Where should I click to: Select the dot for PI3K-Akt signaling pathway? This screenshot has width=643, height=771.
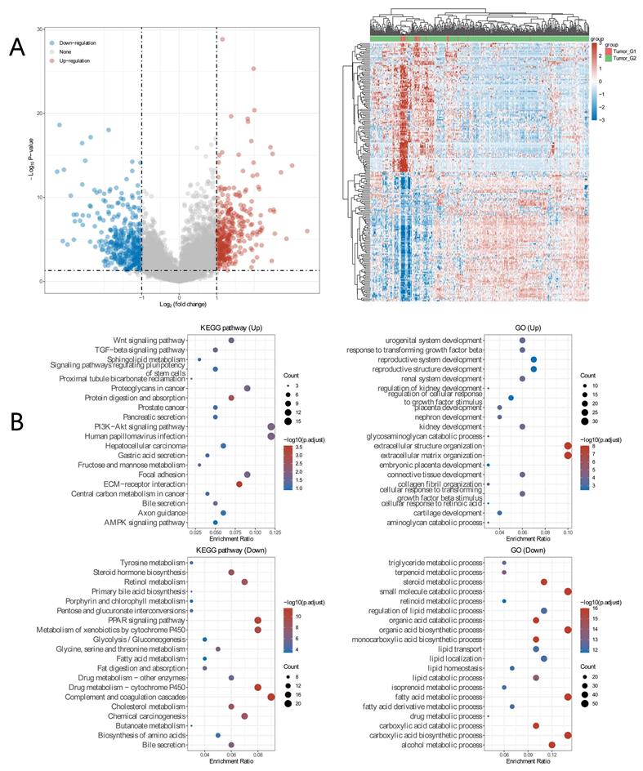click(271, 427)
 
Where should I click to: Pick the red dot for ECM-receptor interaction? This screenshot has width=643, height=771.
click(239, 484)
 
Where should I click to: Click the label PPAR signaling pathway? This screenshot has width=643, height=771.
click(145, 621)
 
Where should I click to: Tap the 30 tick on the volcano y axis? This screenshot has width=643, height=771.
click(39, 29)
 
